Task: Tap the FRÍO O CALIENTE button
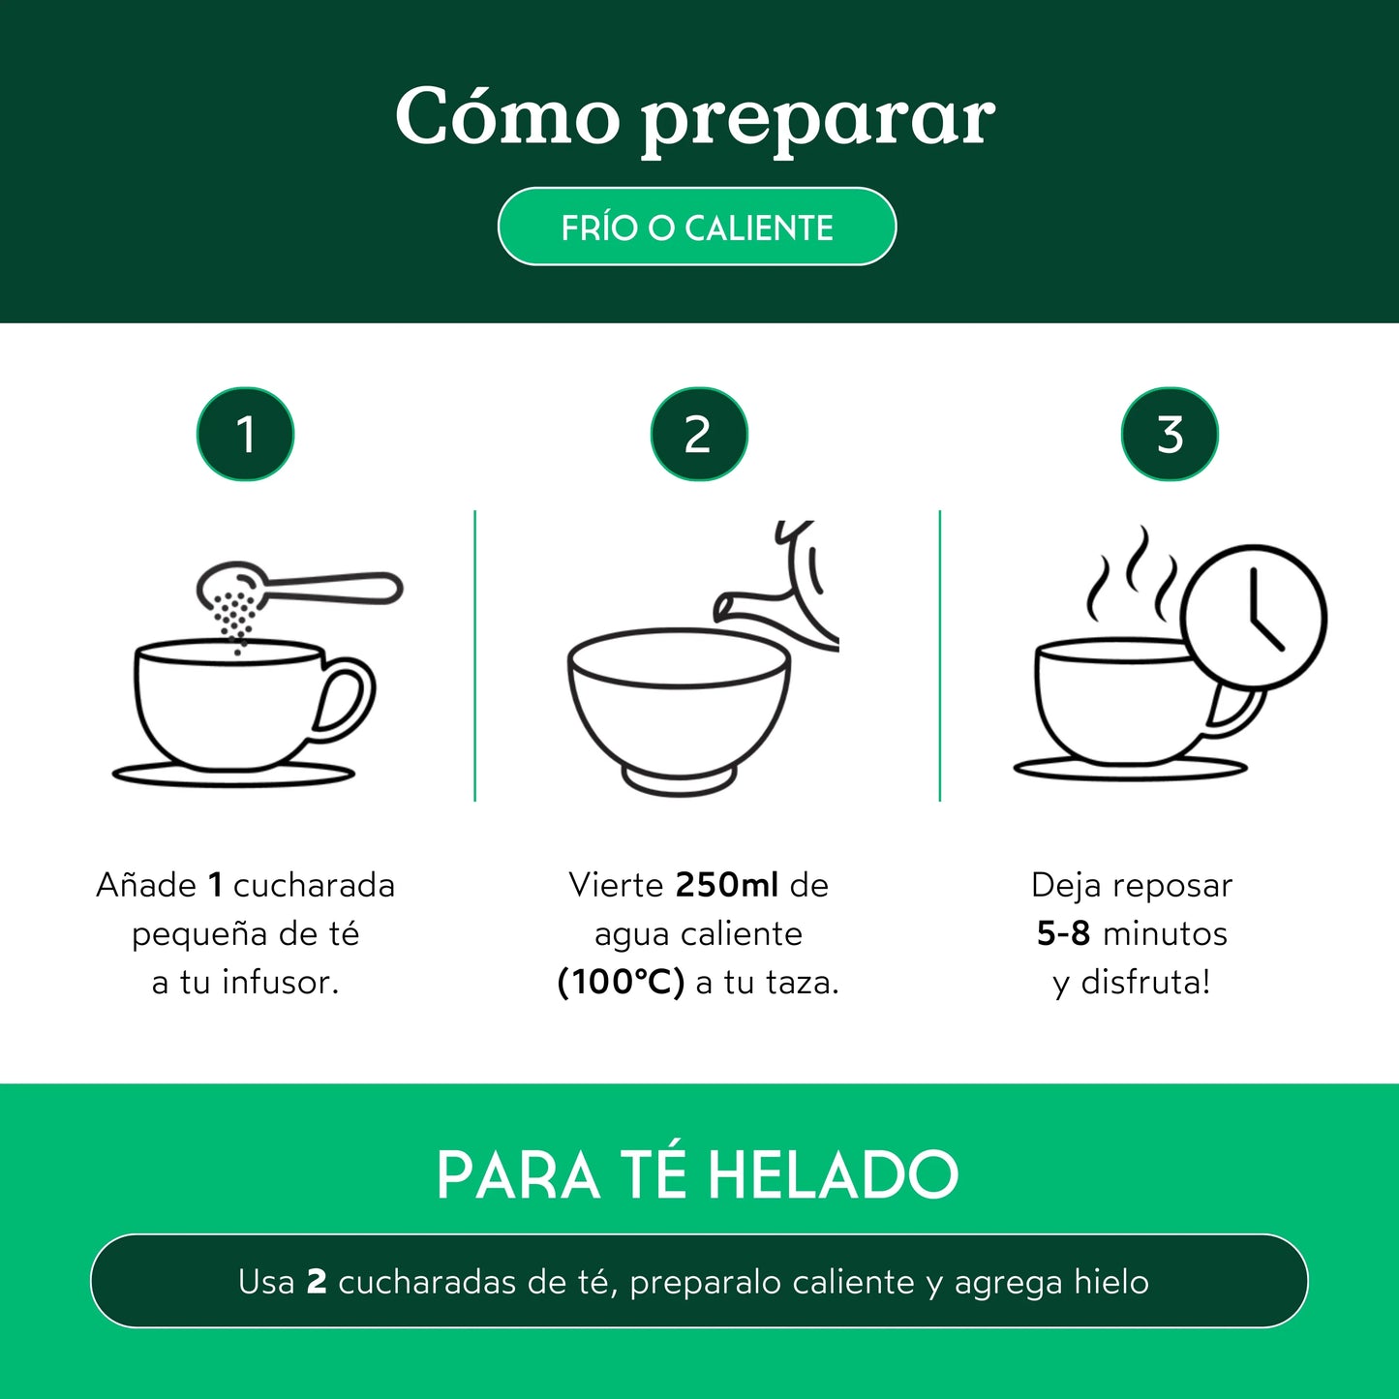click(x=697, y=227)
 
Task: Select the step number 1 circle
click(x=245, y=434)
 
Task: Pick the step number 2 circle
click(x=698, y=434)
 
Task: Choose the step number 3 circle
click(x=1170, y=434)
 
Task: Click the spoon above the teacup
click(x=319, y=587)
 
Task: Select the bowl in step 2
click(x=679, y=707)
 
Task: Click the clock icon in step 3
click(x=1255, y=618)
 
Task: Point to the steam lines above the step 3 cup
click(x=1131, y=577)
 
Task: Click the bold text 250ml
click(x=726, y=885)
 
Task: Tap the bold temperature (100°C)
click(x=621, y=982)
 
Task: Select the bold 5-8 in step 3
click(x=1063, y=933)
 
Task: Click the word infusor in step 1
click(x=281, y=982)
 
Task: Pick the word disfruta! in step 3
click(x=1145, y=982)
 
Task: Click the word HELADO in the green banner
click(x=833, y=1175)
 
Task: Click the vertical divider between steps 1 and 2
click(x=475, y=656)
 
